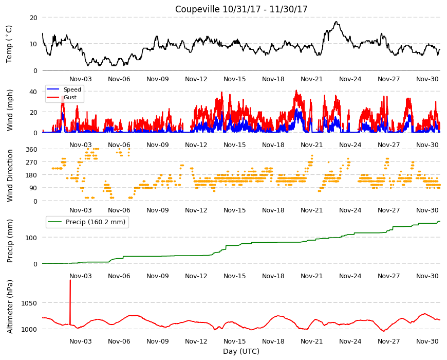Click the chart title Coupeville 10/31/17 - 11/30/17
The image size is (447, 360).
[241, 9]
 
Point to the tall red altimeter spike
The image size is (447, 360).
[70, 302]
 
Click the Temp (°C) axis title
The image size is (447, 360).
[9, 44]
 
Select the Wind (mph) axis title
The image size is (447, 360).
[10, 110]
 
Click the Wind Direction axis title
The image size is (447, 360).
[10, 175]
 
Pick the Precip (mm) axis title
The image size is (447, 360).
[10, 241]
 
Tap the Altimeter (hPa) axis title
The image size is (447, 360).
[10, 307]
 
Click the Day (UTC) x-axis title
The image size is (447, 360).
[241, 351]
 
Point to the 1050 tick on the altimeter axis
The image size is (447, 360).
[29, 303]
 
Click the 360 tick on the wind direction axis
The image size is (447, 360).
[31, 149]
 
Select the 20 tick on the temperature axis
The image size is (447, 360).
[33, 17]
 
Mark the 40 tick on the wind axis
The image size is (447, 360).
[33, 92]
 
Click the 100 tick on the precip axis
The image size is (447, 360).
[31, 238]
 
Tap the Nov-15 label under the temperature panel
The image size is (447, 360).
[235, 79]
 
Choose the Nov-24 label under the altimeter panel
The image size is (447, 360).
[350, 341]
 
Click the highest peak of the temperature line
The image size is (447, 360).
[337, 22]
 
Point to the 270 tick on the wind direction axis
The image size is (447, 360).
[31, 163]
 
